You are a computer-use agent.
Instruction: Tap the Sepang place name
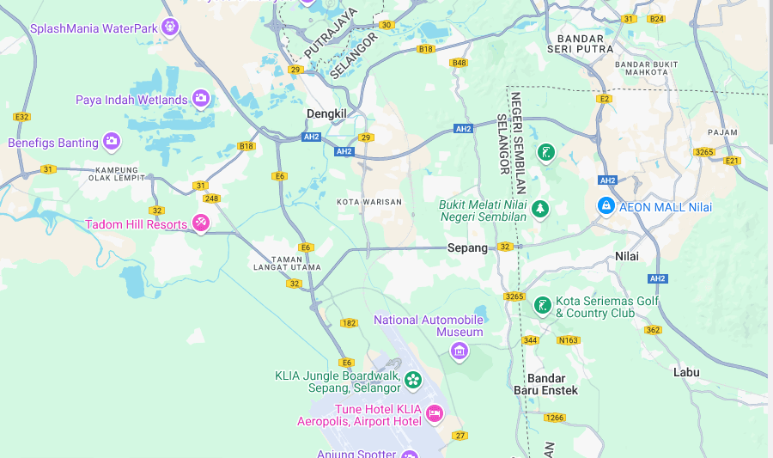click(x=467, y=247)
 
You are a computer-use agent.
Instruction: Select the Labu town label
click(x=686, y=372)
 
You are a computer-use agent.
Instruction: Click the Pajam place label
click(x=722, y=132)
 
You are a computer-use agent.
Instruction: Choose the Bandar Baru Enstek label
click(x=545, y=384)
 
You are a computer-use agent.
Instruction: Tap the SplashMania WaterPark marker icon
click(x=170, y=27)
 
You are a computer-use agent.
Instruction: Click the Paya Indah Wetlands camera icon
click(x=201, y=99)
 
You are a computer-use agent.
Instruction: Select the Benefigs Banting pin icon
click(x=112, y=142)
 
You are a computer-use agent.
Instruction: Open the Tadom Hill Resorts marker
click(x=200, y=223)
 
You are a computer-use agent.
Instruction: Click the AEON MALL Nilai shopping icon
click(x=606, y=206)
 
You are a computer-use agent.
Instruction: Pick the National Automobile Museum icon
click(x=460, y=350)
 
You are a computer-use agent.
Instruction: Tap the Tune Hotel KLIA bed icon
click(x=435, y=414)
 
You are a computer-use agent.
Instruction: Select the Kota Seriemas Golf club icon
click(x=543, y=306)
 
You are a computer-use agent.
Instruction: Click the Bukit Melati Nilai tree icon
click(x=540, y=209)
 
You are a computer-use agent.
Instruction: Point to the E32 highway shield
click(x=21, y=117)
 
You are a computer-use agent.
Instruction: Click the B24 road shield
click(x=656, y=19)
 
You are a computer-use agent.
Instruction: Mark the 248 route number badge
click(x=211, y=198)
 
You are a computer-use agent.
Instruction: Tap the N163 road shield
click(x=569, y=340)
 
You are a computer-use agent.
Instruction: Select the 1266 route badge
click(x=555, y=417)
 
